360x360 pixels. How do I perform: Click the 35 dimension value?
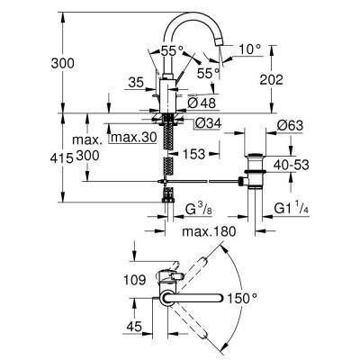point(135,82)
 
